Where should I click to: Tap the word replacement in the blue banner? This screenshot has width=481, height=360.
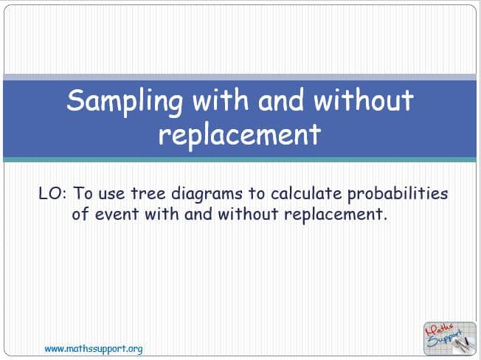[x=240, y=135]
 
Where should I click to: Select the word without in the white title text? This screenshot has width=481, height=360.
[x=363, y=100]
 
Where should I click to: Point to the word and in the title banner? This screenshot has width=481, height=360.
[x=281, y=100]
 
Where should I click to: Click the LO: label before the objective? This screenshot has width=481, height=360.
[x=52, y=194]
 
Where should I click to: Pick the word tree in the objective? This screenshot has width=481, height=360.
[x=148, y=194]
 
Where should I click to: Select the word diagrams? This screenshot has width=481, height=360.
[x=207, y=195]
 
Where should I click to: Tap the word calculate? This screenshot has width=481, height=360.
[x=306, y=194]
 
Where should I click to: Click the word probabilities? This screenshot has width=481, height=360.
[x=398, y=195]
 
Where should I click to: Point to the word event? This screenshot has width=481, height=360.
[x=117, y=214]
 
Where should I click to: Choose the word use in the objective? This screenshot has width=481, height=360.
[x=111, y=195]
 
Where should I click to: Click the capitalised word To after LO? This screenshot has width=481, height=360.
[x=83, y=194]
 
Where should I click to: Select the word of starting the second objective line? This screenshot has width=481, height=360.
[x=80, y=213]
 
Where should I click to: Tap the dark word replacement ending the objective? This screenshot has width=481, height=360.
[x=336, y=215]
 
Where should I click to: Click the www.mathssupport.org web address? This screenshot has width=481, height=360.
[x=94, y=349]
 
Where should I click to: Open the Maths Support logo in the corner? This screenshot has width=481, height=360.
[x=450, y=338]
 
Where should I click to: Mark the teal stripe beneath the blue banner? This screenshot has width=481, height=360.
[x=240, y=159]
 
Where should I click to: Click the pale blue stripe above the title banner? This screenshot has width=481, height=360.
[x=240, y=77]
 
